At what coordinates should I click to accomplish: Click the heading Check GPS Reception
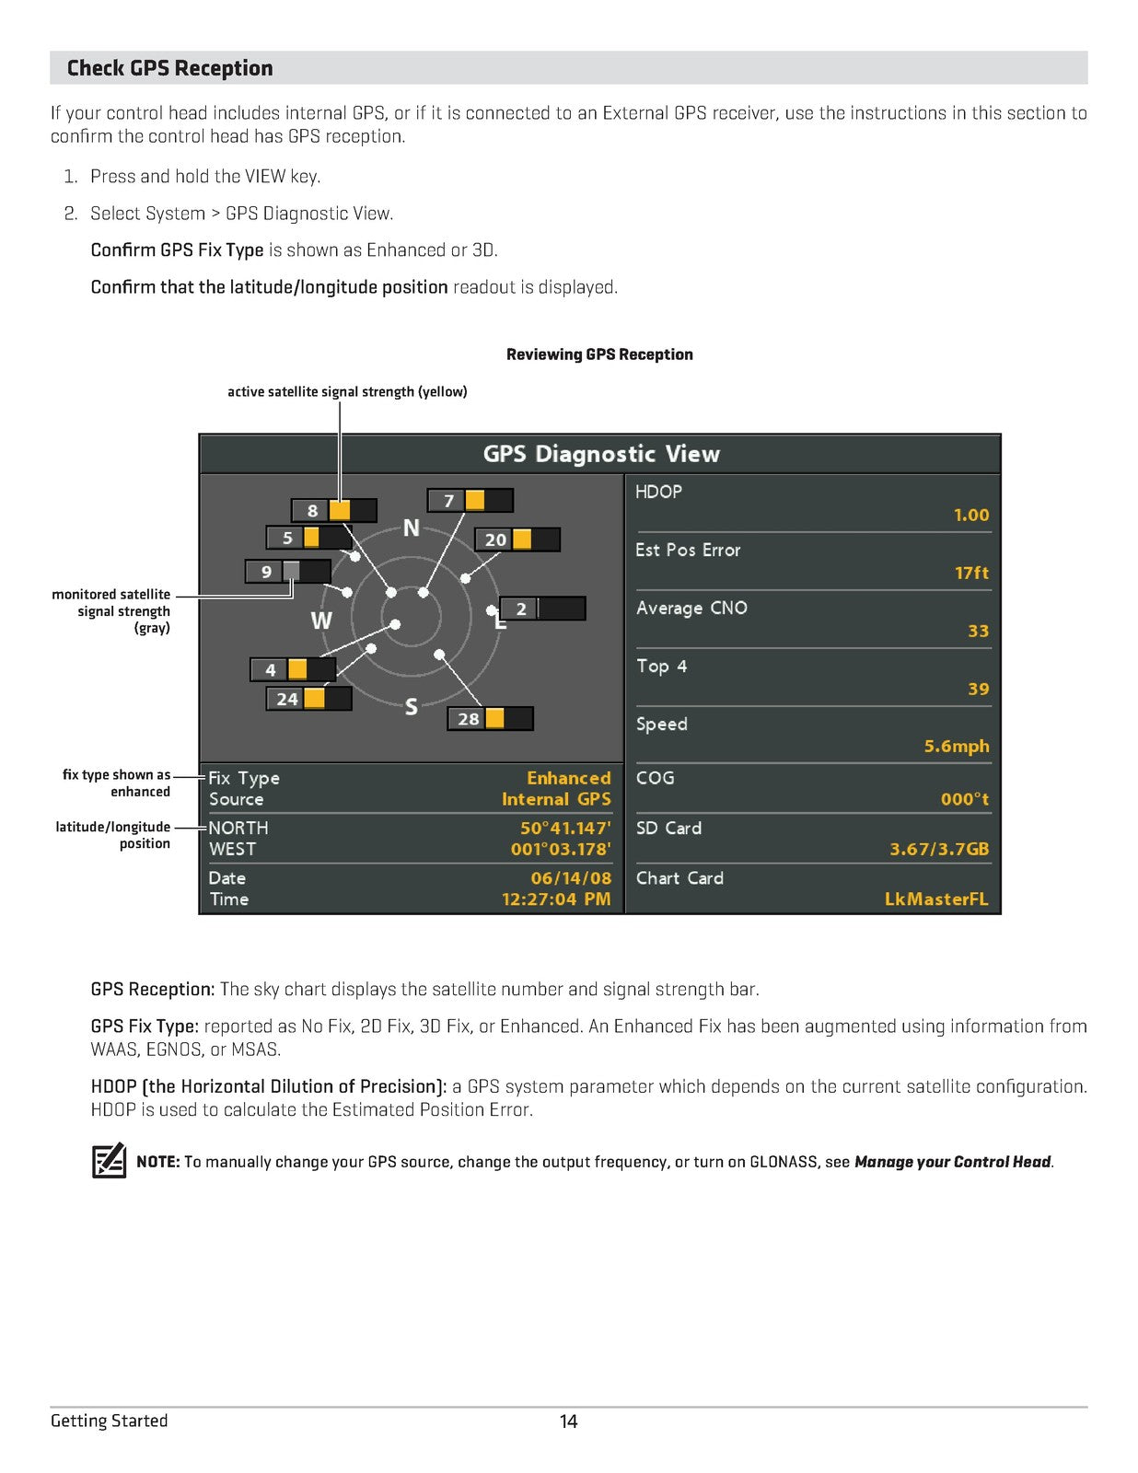(169, 68)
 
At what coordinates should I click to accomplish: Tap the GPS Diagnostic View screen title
(601, 454)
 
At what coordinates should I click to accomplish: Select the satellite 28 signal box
(490, 719)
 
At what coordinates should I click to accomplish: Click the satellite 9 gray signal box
(287, 572)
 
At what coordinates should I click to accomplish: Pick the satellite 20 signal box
(517, 539)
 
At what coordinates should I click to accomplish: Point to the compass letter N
(412, 528)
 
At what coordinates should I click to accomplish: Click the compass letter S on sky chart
(412, 707)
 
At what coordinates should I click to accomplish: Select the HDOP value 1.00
(971, 516)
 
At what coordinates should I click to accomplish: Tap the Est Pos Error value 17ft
(971, 573)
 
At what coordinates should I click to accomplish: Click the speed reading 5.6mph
(957, 747)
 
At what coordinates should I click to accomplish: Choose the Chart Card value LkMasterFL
(936, 899)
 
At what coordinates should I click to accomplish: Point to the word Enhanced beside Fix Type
(568, 779)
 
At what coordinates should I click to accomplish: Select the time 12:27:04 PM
(556, 899)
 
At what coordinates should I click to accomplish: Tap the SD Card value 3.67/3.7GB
(939, 850)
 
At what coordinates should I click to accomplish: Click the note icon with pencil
(109, 1161)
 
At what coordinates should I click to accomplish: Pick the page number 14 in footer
(569, 1421)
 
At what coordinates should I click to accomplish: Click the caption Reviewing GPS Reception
(599, 354)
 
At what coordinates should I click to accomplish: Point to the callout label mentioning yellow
(347, 392)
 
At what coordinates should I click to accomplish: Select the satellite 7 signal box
(470, 501)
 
